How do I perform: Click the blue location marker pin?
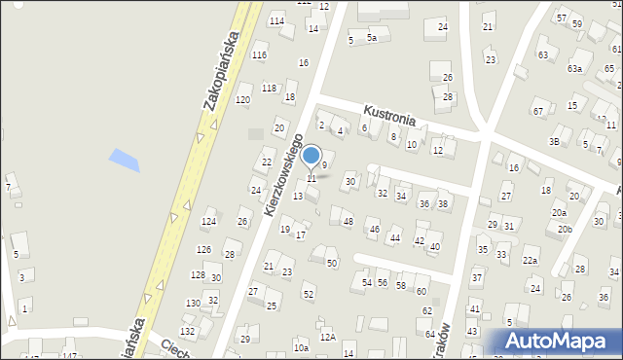311,156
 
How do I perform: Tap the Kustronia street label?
389,115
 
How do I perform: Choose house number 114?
277,20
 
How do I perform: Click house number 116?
259,54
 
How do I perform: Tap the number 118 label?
269,89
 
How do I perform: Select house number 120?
242,100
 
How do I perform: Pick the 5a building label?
372,38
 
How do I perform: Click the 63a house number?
575,69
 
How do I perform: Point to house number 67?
537,111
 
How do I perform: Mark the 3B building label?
554,142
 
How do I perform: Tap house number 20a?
559,212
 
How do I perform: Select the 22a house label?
530,260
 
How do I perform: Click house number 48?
348,222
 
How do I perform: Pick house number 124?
208,223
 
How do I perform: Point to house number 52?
308,294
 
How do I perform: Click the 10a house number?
302,347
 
